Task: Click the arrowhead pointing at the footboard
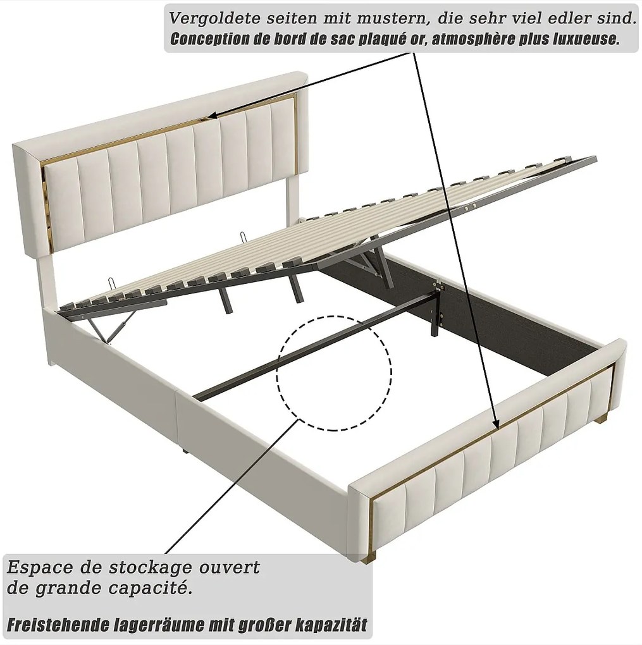pyautogui.click(x=495, y=421)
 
